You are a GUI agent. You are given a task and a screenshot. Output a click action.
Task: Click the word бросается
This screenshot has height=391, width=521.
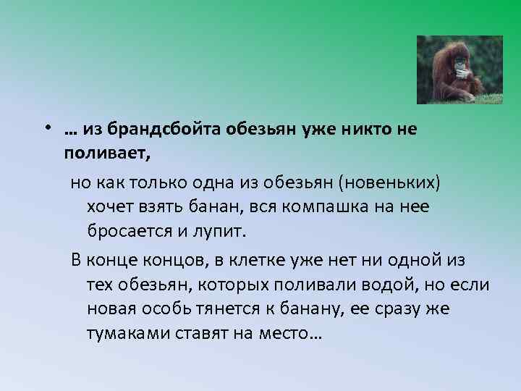(127, 232)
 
